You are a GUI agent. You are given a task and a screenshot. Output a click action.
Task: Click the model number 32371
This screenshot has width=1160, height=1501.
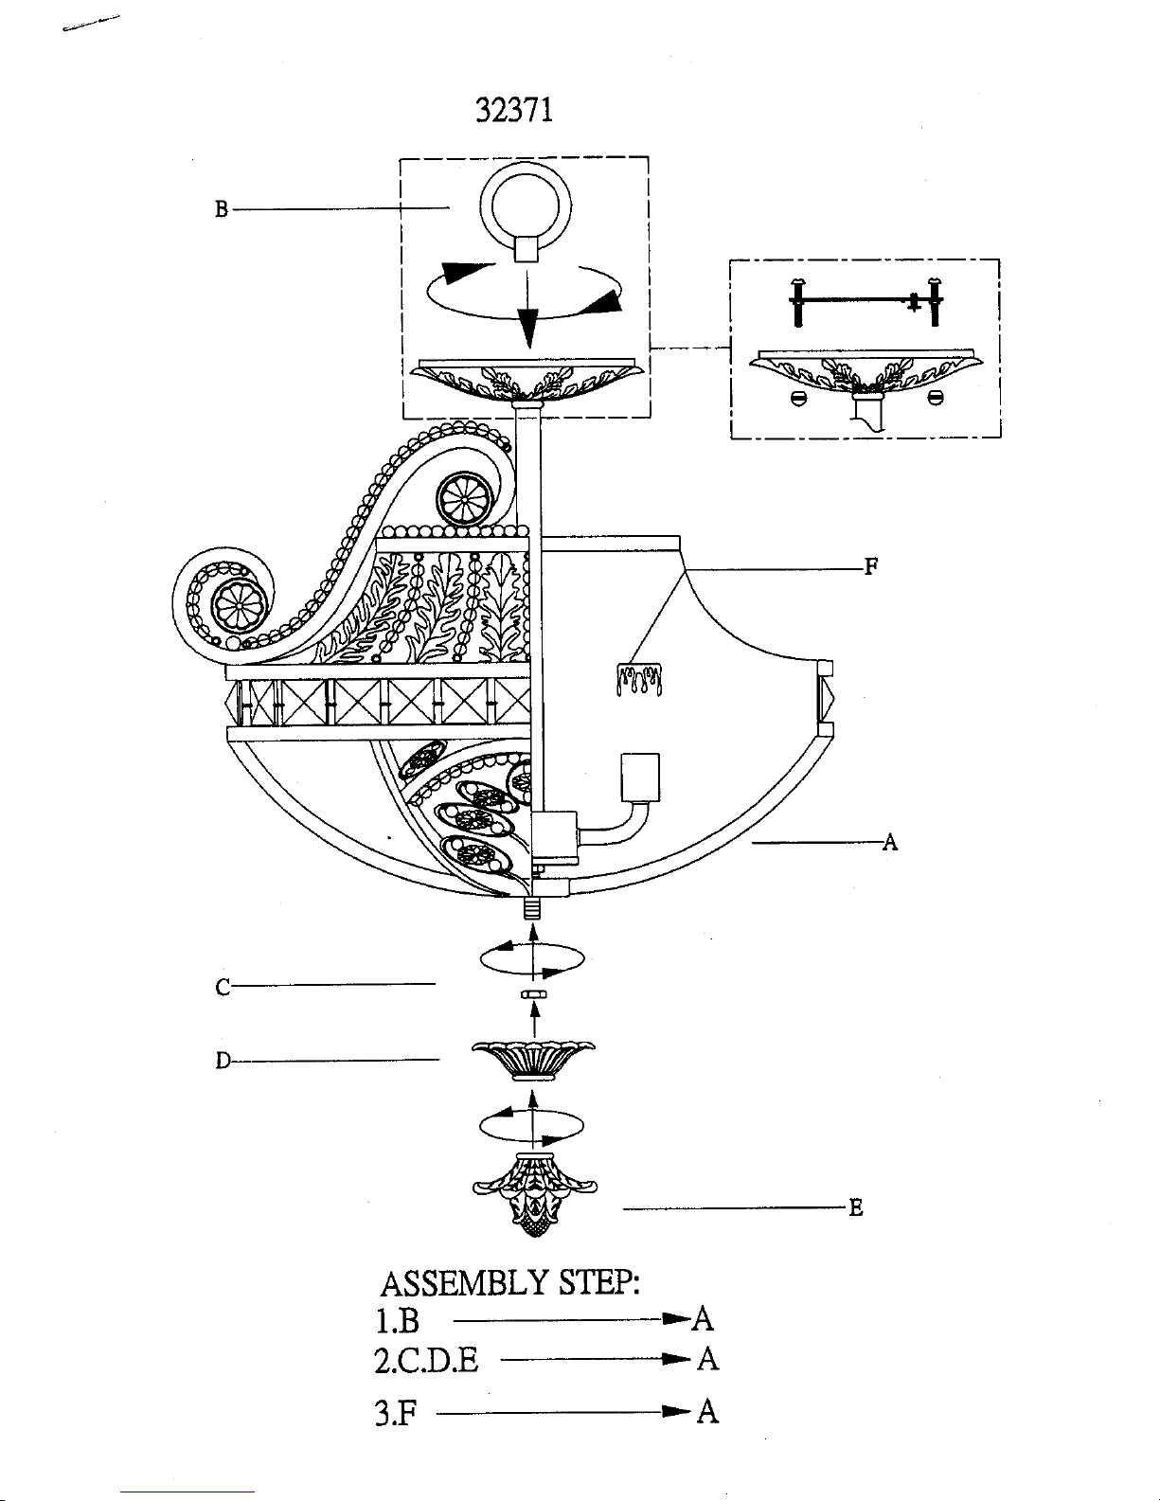point(514,110)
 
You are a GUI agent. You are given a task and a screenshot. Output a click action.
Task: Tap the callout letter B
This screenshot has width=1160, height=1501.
point(221,208)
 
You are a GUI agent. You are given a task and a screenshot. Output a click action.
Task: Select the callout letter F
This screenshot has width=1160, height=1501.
point(871,566)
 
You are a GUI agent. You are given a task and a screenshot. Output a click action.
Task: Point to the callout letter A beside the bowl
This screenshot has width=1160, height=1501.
point(890,842)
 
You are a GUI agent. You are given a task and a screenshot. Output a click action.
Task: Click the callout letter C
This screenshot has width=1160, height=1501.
point(223,988)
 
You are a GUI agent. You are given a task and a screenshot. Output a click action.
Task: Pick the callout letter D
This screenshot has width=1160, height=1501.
point(223,1061)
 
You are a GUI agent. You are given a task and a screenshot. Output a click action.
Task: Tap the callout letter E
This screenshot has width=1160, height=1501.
point(855,1207)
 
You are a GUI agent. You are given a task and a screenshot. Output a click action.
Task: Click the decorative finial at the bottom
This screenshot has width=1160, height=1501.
point(534,1194)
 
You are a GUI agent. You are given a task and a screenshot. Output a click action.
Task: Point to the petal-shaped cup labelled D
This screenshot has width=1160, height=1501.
point(534,1061)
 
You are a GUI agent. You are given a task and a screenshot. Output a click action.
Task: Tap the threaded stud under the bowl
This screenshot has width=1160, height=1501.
point(531,907)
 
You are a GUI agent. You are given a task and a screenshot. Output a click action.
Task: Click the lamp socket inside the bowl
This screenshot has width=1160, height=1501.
point(640,777)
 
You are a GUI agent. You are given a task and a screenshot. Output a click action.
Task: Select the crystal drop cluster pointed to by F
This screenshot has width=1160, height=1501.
point(638,679)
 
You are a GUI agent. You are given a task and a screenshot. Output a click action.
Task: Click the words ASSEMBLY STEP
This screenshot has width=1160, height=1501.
point(510,1283)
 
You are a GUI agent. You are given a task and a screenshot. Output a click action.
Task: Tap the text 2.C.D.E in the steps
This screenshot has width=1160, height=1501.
point(426,1361)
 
